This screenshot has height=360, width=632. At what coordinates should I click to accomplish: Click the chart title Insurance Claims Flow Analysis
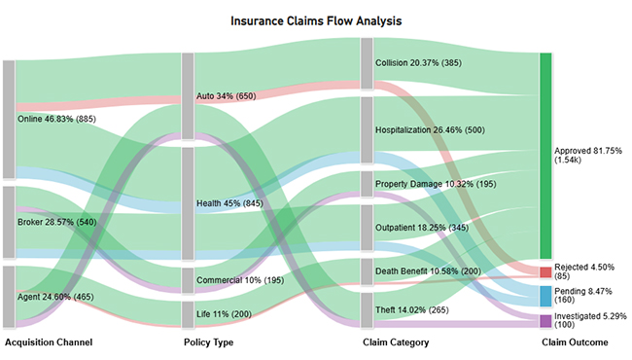tap(315, 19)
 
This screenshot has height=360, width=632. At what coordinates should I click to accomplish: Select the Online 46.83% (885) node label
tap(57, 120)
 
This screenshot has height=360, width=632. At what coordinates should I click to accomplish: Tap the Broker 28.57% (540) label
tap(55, 223)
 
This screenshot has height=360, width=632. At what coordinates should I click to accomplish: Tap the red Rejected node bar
tap(545, 270)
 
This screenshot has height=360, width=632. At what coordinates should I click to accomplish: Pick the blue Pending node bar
tap(545, 296)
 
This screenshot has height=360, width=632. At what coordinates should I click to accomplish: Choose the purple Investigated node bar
tap(545, 320)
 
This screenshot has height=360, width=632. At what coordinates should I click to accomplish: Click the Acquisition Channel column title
tap(50, 342)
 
